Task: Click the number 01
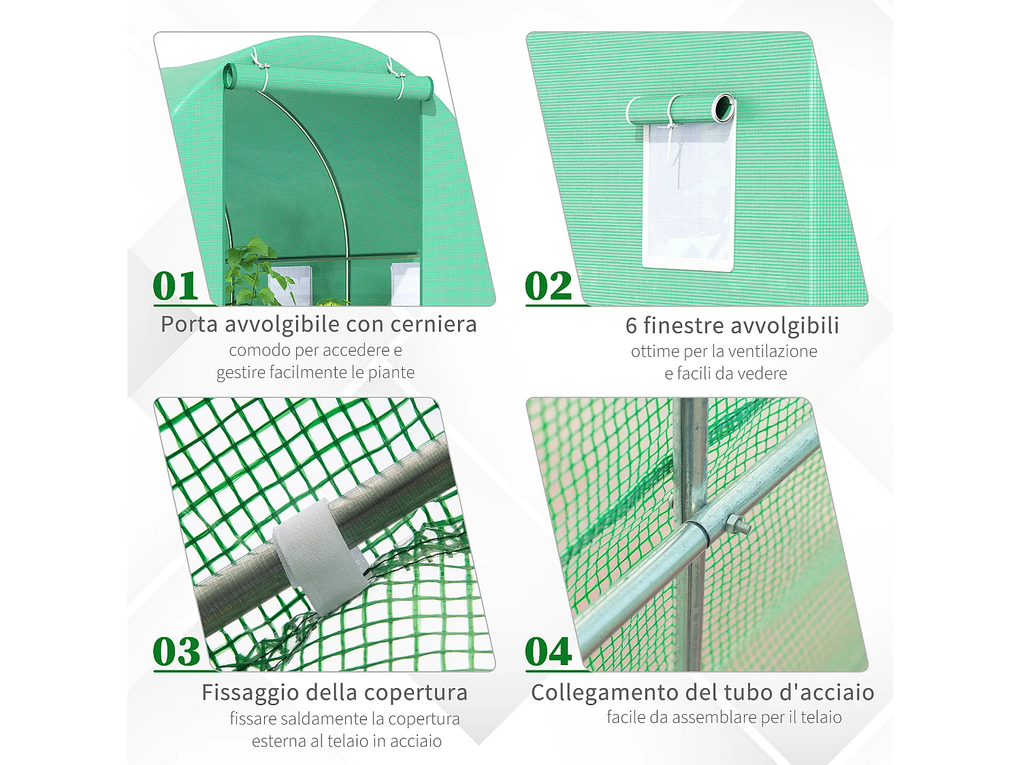pos(176,286)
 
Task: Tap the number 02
pos(549,286)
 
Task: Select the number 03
pos(176,652)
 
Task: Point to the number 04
pos(549,652)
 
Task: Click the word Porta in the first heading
pos(189,324)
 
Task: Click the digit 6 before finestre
pos(631,326)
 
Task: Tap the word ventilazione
pos(773,352)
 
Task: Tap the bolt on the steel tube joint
pos(736,524)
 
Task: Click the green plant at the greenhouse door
pos(253,272)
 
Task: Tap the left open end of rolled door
pos(229,75)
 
